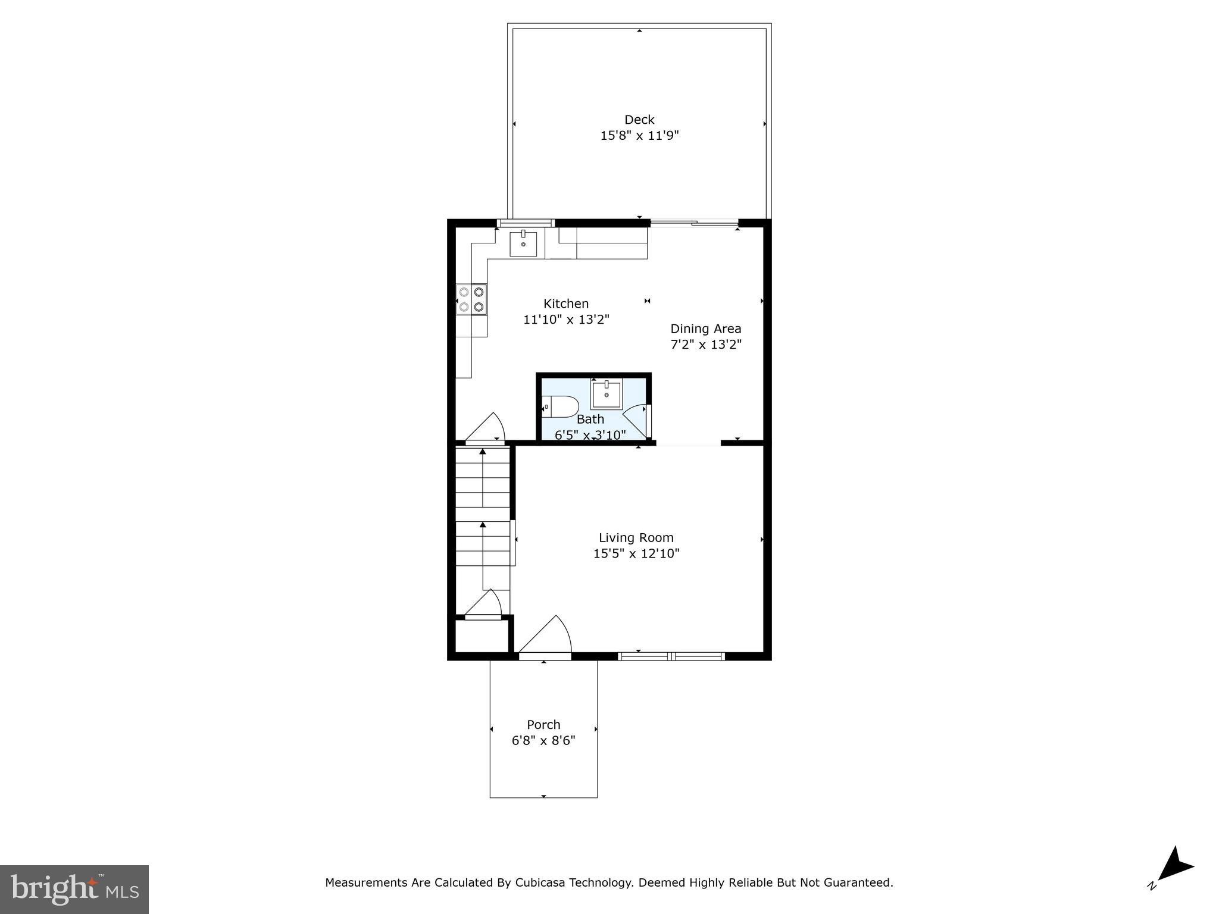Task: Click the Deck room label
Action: (x=639, y=120)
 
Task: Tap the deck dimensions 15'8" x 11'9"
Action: (x=639, y=136)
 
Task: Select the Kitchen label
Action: (x=565, y=303)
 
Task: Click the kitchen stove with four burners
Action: (x=471, y=299)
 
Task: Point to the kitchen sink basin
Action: (x=523, y=244)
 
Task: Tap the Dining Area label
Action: (x=706, y=328)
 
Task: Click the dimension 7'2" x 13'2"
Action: (x=706, y=345)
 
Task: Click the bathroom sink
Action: (x=606, y=395)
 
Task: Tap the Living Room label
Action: (x=636, y=538)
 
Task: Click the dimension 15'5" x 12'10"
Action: (x=636, y=554)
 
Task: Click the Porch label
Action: (x=543, y=725)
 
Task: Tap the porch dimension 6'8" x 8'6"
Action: (x=543, y=741)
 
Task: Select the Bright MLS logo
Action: (x=74, y=889)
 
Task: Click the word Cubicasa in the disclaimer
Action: (x=539, y=882)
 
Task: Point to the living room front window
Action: (x=671, y=656)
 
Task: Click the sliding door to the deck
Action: (x=694, y=223)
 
